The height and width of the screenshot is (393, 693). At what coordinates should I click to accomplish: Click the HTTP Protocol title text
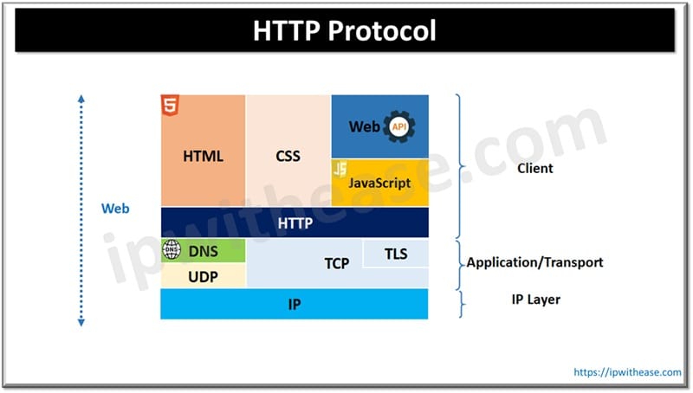(345, 31)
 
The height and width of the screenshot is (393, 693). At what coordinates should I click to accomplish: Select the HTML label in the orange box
(204, 157)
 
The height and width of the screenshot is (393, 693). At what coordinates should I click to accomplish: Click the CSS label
(288, 157)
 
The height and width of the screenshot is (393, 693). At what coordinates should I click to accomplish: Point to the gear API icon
(399, 126)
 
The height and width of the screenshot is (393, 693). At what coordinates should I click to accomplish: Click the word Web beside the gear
(364, 127)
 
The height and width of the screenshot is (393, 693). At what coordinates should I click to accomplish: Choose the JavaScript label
(379, 184)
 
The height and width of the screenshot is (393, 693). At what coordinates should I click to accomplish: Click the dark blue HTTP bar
(295, 222)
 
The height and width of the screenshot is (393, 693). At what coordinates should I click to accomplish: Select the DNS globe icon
(172, 251)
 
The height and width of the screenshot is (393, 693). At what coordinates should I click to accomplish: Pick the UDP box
(203, 276)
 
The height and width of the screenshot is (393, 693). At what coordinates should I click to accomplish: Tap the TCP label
(336, 263)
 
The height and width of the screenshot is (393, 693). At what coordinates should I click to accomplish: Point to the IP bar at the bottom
(295, 304)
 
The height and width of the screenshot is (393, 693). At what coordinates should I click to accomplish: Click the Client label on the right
(534, 168)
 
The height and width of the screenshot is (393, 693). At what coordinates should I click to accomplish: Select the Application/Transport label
(534, 262)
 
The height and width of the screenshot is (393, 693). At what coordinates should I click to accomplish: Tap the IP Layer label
(535, 300)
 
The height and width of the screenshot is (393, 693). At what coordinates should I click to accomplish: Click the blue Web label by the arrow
(115, 209)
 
